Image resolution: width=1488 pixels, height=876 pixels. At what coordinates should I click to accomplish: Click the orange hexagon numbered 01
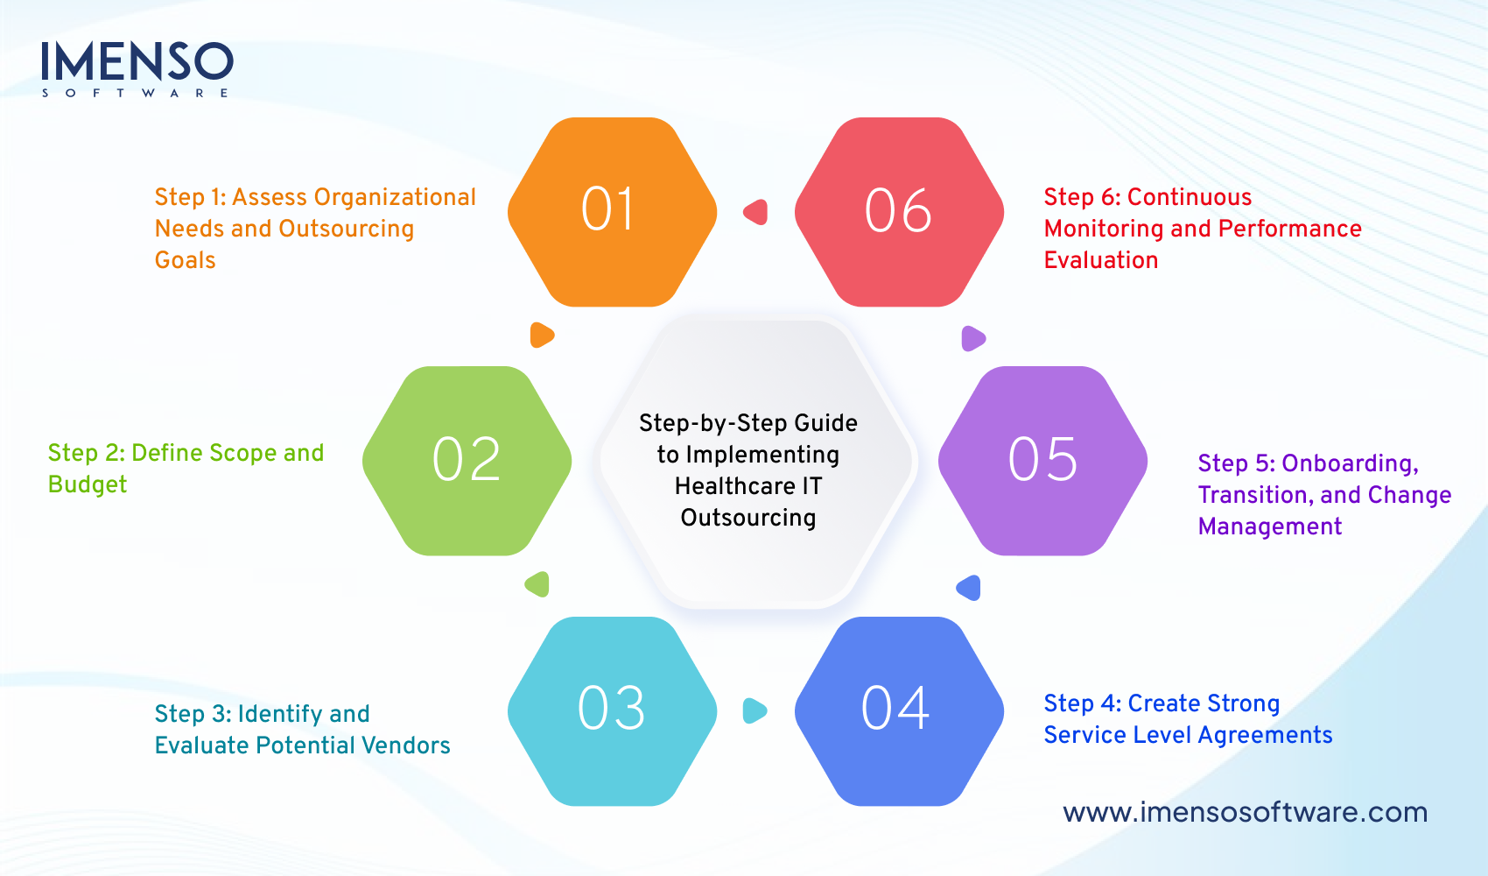pos(612,212)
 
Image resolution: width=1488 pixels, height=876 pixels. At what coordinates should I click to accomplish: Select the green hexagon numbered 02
pos(467,461)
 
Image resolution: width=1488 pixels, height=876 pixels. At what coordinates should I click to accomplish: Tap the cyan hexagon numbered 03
pos(612,710)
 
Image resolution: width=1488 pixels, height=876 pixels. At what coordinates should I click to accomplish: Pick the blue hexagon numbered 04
pos(899,710)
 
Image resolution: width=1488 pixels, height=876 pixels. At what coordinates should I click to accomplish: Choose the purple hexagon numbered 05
pos(1042,461)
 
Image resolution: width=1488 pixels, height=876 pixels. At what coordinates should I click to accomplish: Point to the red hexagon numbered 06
pos(899,212)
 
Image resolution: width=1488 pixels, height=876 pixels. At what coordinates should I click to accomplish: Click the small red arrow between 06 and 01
pos(756,212)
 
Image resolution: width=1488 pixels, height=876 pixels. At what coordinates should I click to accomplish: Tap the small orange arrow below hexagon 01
pos(542,335)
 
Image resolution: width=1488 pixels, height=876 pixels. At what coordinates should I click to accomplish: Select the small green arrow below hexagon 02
pos(537,584)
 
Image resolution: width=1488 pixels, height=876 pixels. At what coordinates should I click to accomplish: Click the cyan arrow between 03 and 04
pos(755,710)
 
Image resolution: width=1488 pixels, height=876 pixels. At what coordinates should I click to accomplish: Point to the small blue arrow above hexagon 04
pos(969,588)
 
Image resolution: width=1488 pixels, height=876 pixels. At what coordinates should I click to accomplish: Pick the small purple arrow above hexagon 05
pos(973,338)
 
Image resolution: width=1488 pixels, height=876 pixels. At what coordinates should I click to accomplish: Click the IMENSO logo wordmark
pos(137,62)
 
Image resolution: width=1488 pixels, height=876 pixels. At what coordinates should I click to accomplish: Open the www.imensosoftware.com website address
pos(1245,812)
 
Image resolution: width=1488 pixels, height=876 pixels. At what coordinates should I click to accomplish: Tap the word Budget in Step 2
pos(88,484)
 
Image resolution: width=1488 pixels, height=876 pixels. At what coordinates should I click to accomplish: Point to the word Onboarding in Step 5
pos(1349,463)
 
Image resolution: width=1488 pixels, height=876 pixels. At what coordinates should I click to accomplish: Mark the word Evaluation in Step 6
pos(1100,260)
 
